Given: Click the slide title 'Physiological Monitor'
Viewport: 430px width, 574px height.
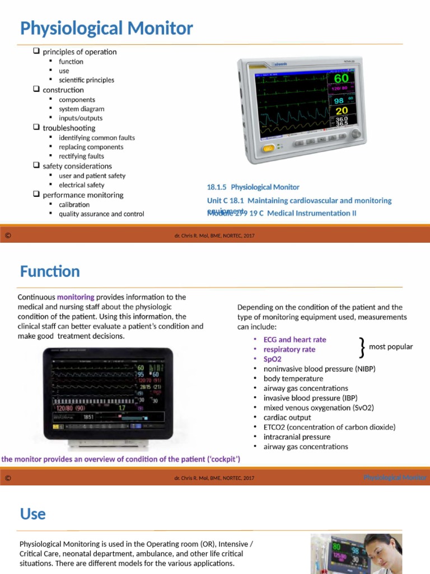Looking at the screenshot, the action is click(x=106, y=29).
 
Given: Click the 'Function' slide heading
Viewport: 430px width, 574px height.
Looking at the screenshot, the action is click(x=50, y=272).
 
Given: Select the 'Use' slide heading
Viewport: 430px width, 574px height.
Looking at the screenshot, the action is click(x=33, y=514).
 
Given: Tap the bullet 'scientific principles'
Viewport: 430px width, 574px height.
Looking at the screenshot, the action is click(x=86, y=80).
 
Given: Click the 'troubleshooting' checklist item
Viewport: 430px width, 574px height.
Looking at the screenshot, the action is click(x=69, y=128).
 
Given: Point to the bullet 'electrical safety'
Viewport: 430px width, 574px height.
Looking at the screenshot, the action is click(x=81, y=185).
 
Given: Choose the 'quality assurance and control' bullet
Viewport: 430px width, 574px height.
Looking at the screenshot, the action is click(x=101, y=214).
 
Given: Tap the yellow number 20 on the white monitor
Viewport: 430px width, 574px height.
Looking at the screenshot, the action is click(x=341, y=111).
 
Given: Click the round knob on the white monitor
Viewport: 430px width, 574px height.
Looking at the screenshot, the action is click(x=355, y=135).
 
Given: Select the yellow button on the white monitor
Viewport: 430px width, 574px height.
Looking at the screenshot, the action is click(x=269, y=149).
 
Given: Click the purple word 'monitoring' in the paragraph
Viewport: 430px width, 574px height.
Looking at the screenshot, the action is click(x=76, y=297).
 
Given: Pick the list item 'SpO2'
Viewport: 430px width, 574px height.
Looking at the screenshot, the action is click(x=272, y=359).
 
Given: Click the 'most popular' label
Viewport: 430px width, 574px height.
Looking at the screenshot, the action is click(x=391, y=347).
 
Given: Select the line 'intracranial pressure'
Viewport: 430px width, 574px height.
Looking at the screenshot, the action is click(x=297, y=437).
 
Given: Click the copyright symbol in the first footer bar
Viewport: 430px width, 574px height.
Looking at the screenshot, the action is click(x=8, y=235).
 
